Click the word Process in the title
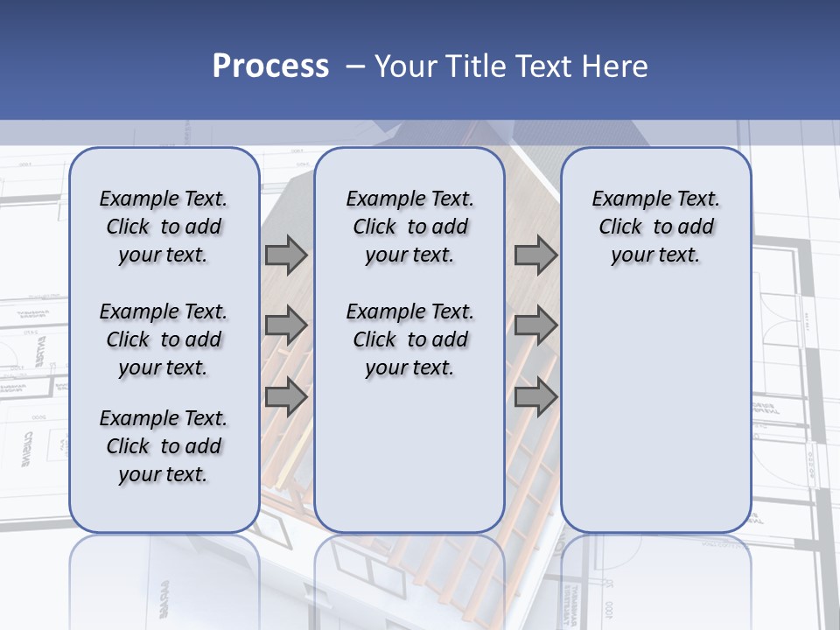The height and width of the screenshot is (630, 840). (270, 66)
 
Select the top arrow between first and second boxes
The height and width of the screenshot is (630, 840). (286, 255)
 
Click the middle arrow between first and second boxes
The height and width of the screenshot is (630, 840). (286, 326)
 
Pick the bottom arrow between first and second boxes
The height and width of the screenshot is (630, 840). (286, 396)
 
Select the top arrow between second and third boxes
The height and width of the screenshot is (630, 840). (535, 255)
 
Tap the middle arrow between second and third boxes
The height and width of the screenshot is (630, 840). (535, 326)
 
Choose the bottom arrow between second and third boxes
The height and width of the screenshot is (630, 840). (535, 396)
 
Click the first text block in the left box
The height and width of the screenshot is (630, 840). (164, 227)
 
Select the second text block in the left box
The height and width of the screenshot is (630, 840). (164, 339)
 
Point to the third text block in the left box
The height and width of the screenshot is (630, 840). (164, 446)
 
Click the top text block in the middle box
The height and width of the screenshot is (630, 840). (409, 227)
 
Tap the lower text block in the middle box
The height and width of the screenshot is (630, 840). (409, 339)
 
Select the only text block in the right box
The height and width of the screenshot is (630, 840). (655, 227)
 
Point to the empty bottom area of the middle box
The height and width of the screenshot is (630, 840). (409, 464)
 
